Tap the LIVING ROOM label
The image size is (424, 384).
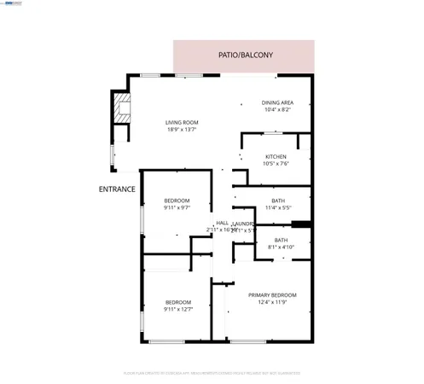coord(182,123)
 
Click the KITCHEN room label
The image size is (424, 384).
coord(276,157)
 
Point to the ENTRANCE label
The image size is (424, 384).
coord(117,189)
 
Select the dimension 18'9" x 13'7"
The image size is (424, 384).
coord(182,131)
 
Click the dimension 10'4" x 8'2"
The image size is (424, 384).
coord(277,110)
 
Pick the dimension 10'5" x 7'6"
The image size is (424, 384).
coord(276,165)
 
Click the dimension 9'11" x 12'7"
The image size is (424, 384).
coord(177,310)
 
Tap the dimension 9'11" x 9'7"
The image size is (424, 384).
coord(177,207)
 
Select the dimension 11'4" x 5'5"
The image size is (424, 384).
coord(279,207)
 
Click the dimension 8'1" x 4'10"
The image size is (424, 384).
coord(282,248)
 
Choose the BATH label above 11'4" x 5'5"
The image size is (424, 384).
coord(279,200)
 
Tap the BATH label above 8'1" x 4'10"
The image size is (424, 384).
coord(282,241)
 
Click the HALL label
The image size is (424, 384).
coord(222,223)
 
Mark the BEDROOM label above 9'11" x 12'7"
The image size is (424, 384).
coord(177,302)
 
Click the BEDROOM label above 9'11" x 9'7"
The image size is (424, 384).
coord(177,201)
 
